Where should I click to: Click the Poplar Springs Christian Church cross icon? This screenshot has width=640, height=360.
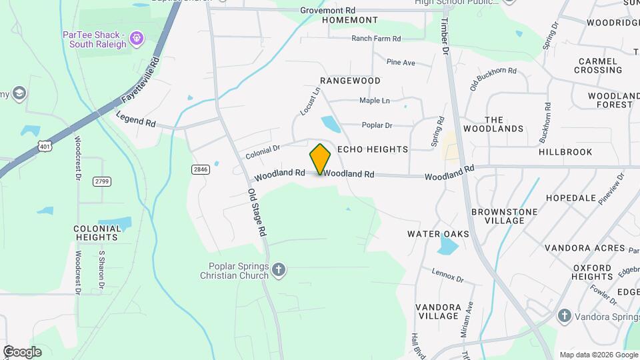pyautogui.click(x=279, y=270)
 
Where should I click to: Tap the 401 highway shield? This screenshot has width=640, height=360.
pyautogui.click(x=45, y=145)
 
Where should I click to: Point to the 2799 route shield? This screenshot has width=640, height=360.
pyautogui.click(x=102, y=181)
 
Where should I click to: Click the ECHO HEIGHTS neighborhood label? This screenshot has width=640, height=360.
pyautogui.click(x=372, y=150)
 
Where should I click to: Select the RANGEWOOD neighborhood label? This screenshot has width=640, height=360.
pyautogui.click(x=350, y=81)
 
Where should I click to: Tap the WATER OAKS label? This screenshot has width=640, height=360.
pyautogui.click(x=438, y=234)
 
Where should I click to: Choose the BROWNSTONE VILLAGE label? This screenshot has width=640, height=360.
pyautogui.click(x=504, y=216)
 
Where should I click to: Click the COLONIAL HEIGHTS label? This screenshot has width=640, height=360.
pyautogui.click(x=97, y=233)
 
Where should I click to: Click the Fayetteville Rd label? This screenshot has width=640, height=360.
pyautogui.click(x=141, y=81)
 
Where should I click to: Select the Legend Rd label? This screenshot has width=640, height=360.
pyautogui.click(x=135, y=119)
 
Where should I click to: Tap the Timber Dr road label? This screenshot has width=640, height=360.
pyautogui.click(x=445, y=37)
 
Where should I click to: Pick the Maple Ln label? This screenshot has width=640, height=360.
pyautogui.click(x=375, y=101)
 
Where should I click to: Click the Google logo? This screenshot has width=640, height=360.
pyautogui.click(x=22, y=351)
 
